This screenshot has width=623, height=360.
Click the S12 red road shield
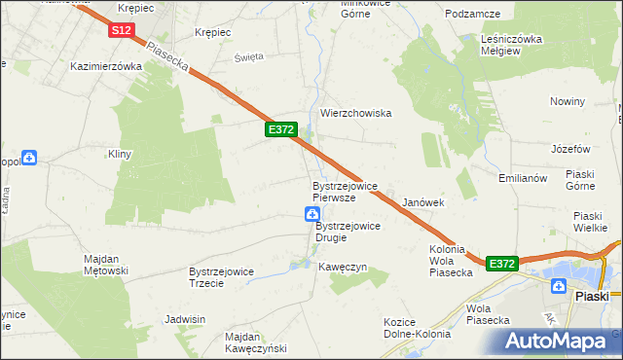tap(121, 31)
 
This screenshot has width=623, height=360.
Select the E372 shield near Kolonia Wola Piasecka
tap(501, 264)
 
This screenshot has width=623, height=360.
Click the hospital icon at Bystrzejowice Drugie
tap(311, 214)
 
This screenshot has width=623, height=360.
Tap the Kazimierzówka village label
tap(107, 67)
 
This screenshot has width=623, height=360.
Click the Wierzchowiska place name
tap(355, 114)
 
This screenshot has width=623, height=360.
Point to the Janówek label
tap(423, 203)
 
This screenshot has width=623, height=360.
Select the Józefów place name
tap(571, 149)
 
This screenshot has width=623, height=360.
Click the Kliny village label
tap(120, 155)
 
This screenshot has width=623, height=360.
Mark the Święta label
tap(249, 56)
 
